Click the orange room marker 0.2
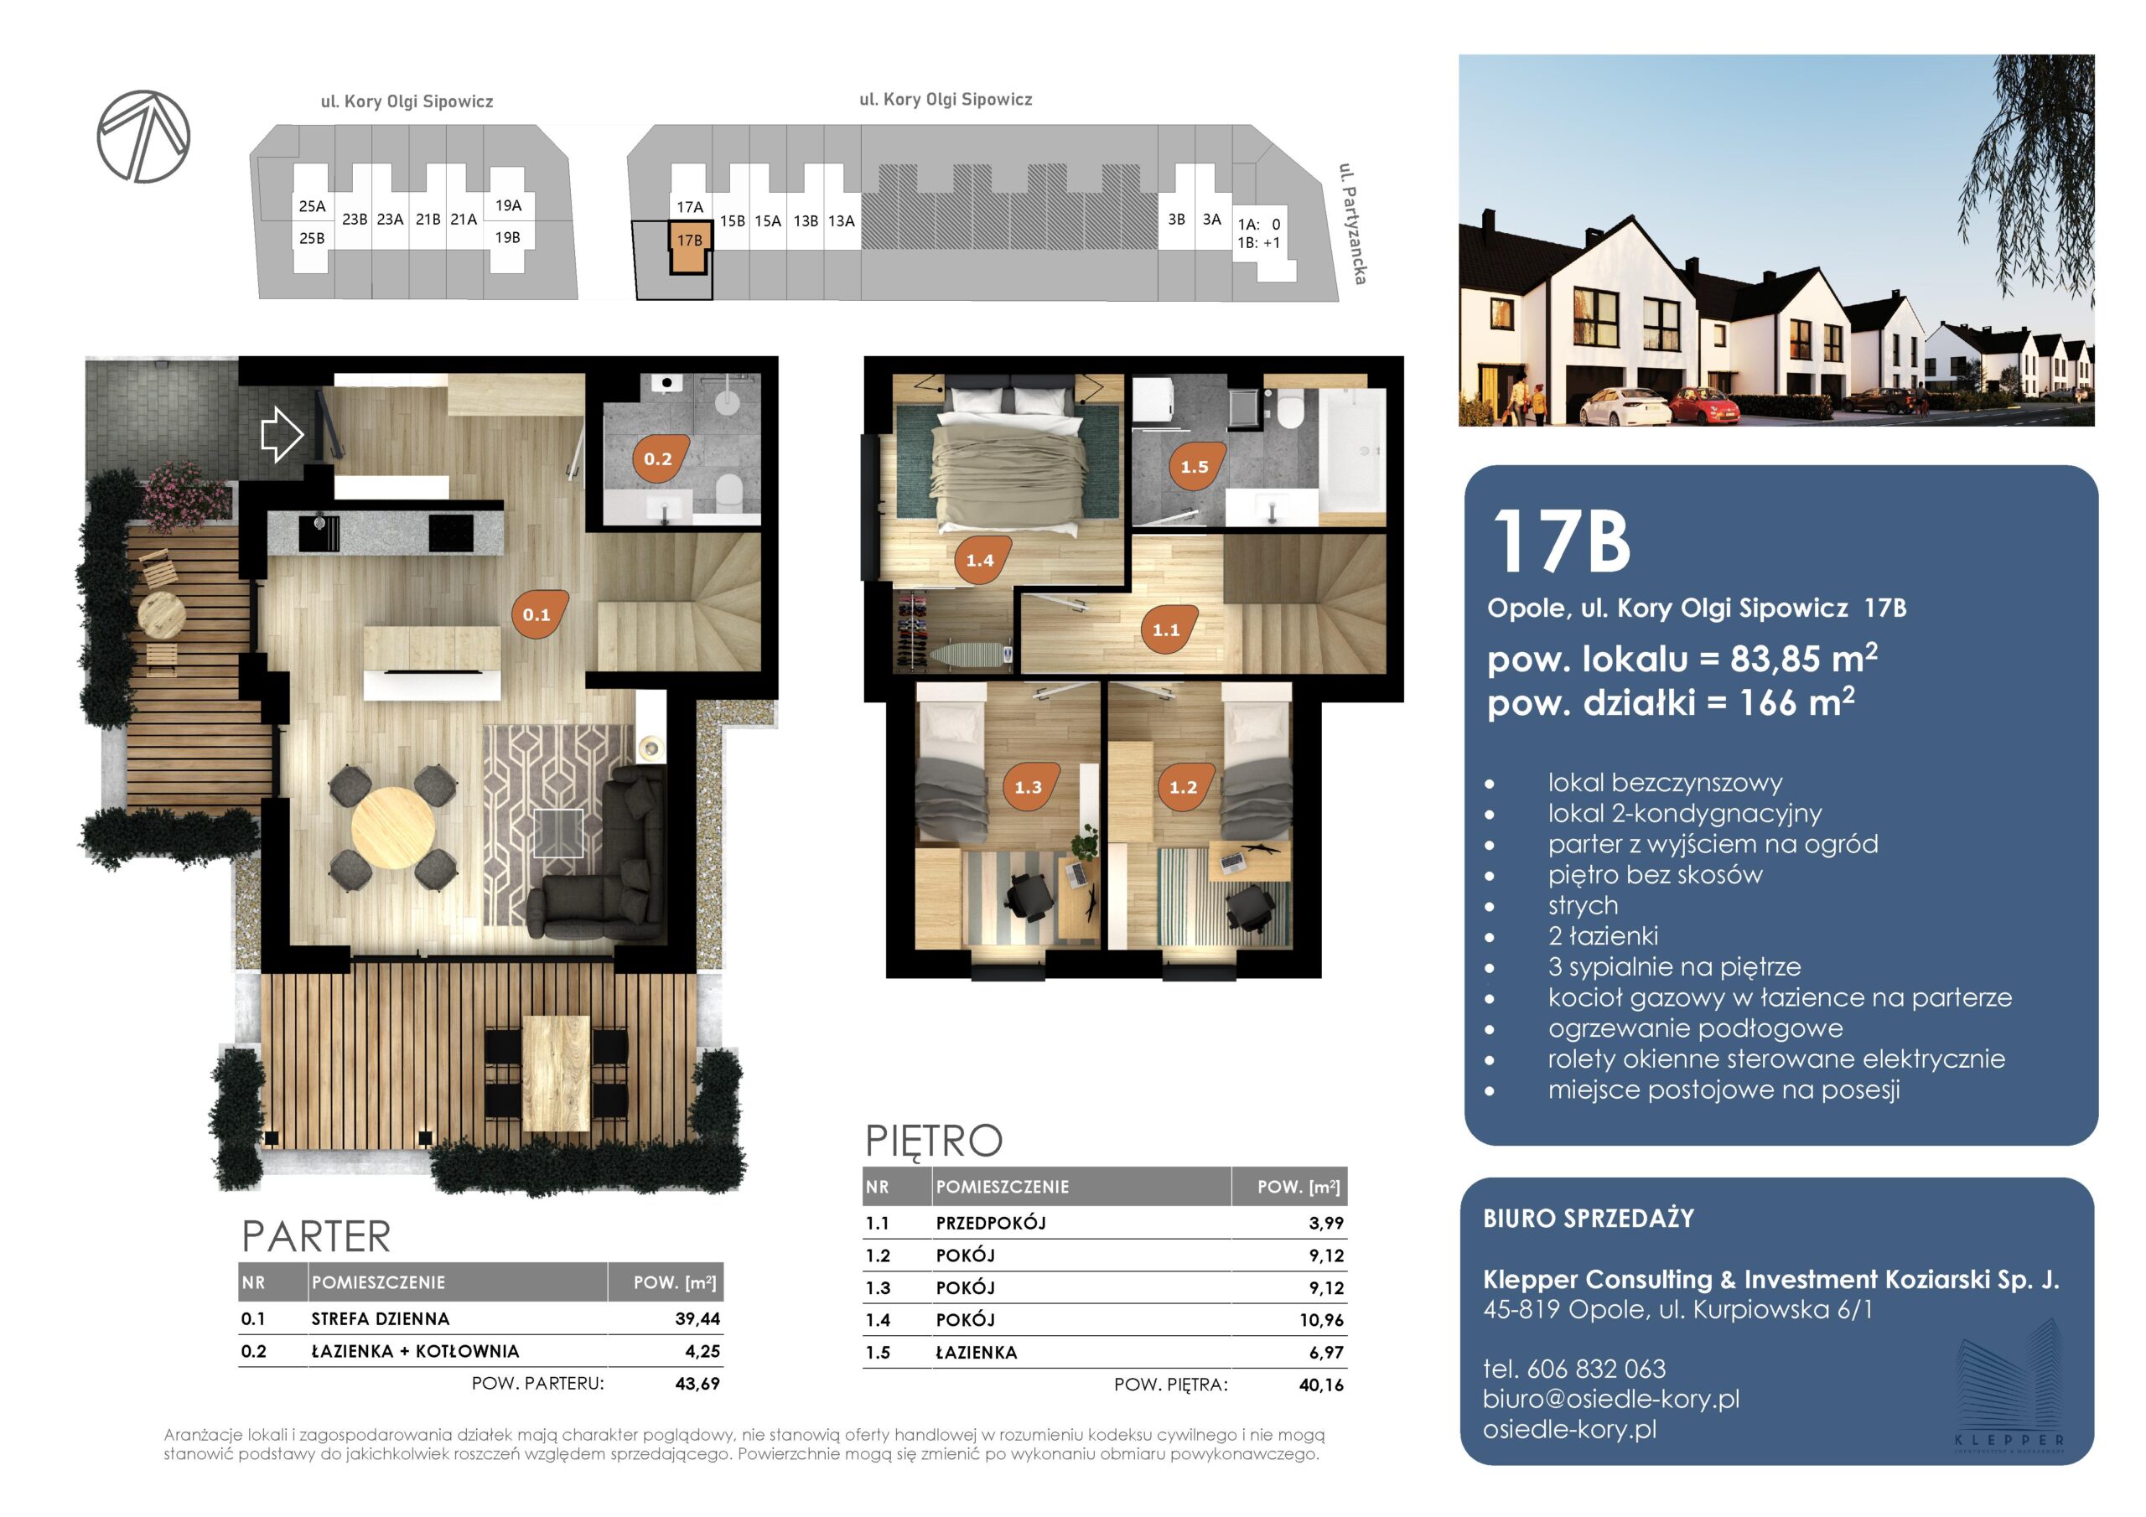click(x=659, y=458)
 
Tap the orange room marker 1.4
click(x=981, y=560)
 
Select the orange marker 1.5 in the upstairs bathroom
click(x=1195, y=465)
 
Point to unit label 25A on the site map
click(x=312, y=206)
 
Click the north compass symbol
click(x=144, y=137)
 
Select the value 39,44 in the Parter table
click(x=697, y=1319)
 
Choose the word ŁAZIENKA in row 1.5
click(x=977, y=1353)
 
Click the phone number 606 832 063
click(x=1596, y=1369)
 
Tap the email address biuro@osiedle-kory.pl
click(x=1611, y=1399)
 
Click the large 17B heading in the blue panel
click(x=1561, y=542)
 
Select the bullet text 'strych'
click(x=1584, y=905)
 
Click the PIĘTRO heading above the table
click(x=934, y=1141)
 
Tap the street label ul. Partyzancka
click(x=1352, y=224)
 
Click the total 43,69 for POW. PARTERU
click(x=697, y=1384)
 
